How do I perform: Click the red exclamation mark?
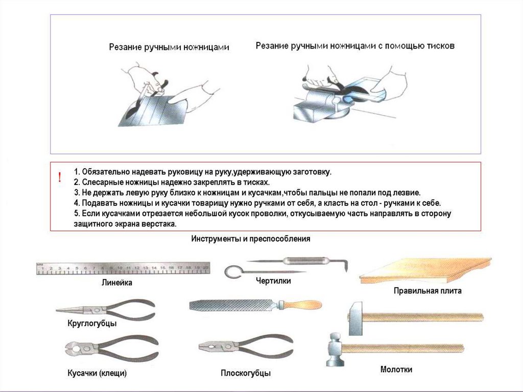(60, 178)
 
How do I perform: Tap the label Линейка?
(117, 283)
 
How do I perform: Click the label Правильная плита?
(427, 291)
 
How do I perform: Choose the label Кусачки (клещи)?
(97, 373)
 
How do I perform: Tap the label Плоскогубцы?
(245, 374)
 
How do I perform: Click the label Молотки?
(396, 370)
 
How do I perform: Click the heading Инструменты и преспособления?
(251, 239)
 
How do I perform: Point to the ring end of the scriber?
(231, 271)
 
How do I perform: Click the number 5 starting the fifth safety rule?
(75, 213)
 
